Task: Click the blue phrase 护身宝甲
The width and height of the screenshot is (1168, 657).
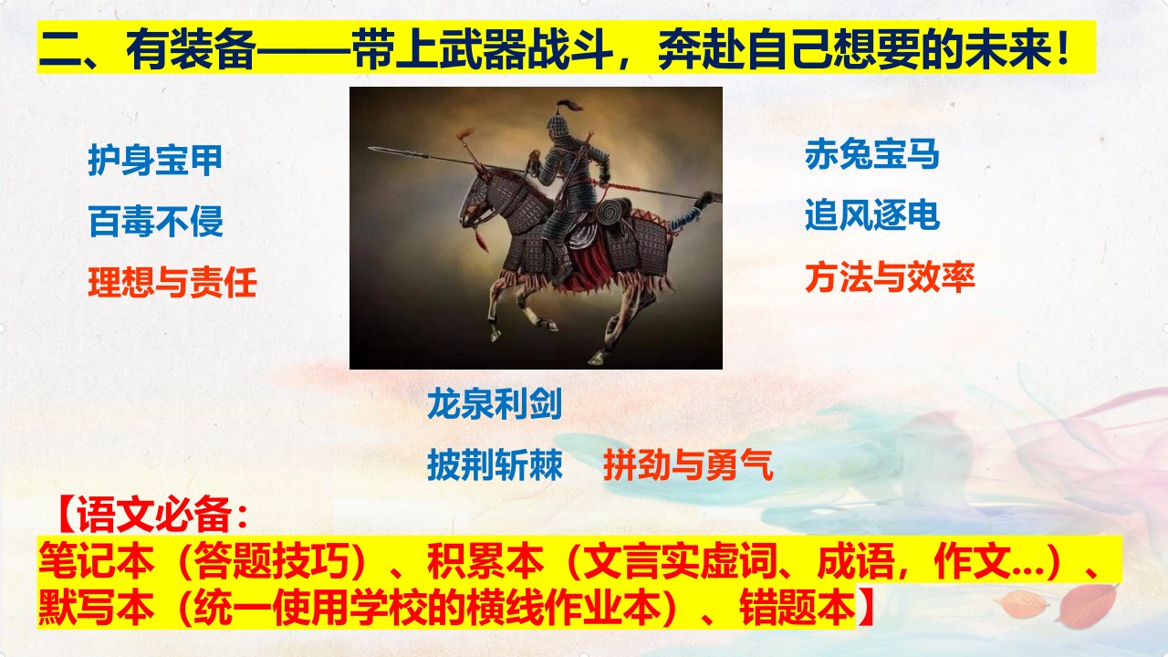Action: click(x=155, y=160)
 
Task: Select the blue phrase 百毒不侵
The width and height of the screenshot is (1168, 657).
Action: click(x=156, y=221)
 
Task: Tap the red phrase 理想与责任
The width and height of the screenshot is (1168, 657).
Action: click(x=172, y=282)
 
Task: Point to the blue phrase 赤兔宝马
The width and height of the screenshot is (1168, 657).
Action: click(x=871, y=154)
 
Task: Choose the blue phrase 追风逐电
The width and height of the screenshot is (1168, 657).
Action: click(x=871, y=214)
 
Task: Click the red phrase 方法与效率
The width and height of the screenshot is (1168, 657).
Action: click(x=890, y=276)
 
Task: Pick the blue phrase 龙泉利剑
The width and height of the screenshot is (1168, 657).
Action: click(x=495, y=404)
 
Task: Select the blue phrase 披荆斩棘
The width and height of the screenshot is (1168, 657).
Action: click(x=495, y=464)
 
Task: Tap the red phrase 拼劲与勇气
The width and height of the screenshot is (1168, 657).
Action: click(x=688, y=464)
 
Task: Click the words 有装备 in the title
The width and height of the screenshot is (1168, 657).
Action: click(x=191, y=49)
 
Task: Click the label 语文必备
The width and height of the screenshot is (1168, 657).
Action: click(x=154, y=515)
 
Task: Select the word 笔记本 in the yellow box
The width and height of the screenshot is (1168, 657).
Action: click(x=97, y=561)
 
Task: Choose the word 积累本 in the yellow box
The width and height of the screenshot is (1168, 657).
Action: click(x=485, y=561)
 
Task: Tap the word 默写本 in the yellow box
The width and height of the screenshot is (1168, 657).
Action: click(x=97, y=608)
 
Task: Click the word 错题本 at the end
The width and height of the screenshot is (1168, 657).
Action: click(x=798, y=608)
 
